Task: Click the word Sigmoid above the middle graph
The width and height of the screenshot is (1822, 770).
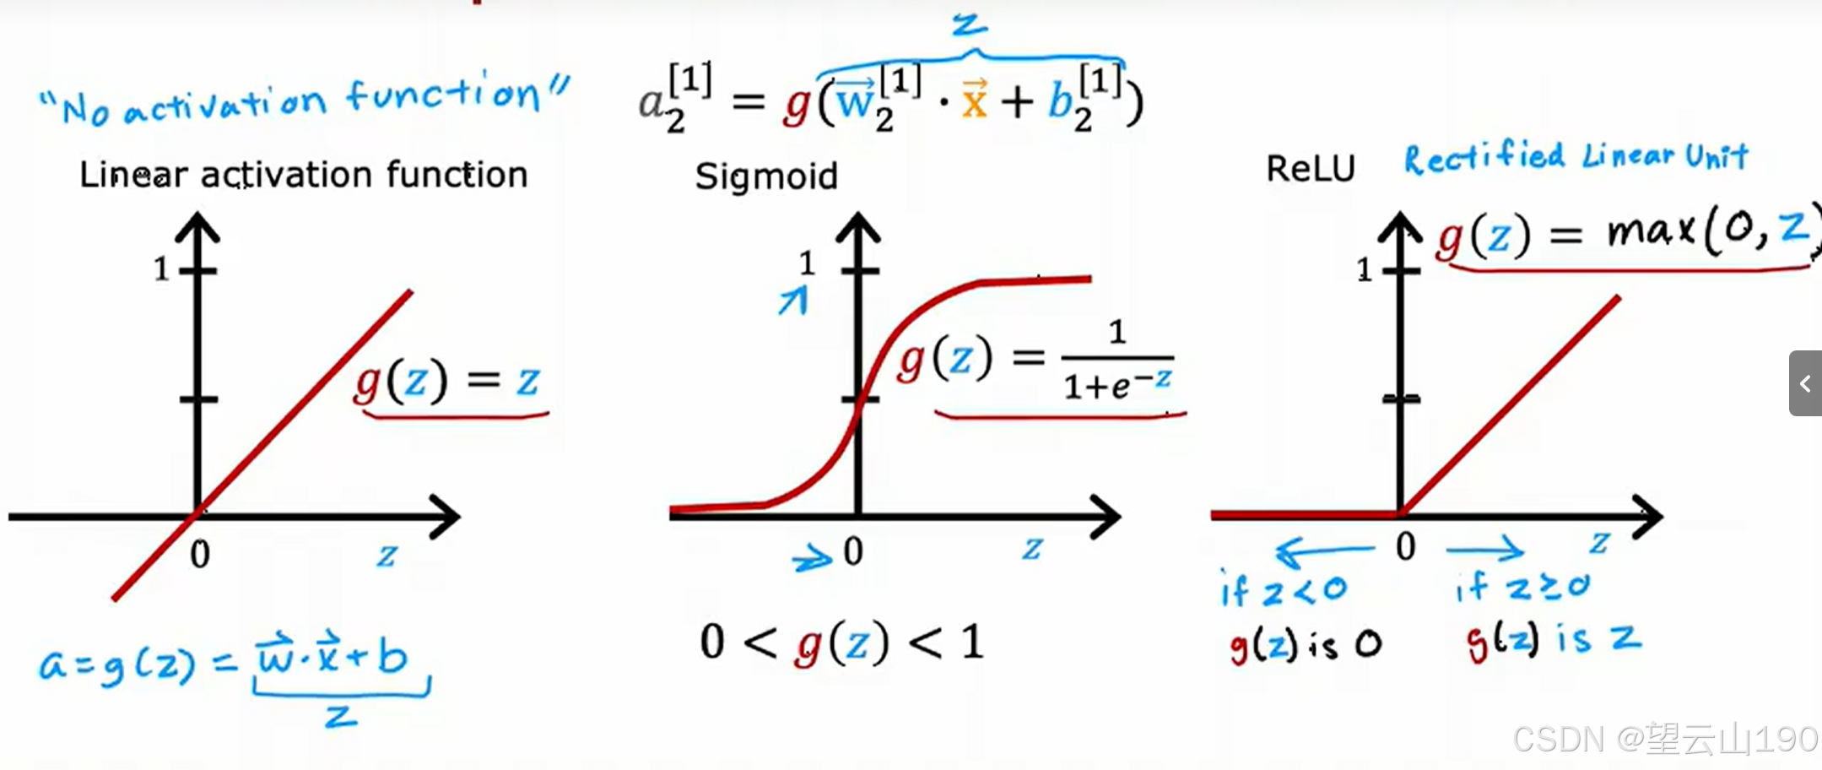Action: tap(766, 176)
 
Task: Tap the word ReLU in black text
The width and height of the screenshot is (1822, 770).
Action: tap(1310, 169)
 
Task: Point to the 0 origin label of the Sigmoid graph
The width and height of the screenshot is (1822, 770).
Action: tap(853, 551)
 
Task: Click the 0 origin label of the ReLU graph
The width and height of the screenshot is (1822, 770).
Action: tap(1405, 547)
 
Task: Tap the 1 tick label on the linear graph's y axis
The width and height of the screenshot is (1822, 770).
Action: tap(161, 269)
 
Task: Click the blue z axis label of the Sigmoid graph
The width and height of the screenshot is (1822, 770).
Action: tap(1032, 549)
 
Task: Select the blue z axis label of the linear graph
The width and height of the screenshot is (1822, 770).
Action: tap(387, 556)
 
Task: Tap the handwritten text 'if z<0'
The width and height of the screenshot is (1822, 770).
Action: tap(1283, 589)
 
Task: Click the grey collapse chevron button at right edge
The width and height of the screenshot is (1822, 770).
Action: tap(1805, 383)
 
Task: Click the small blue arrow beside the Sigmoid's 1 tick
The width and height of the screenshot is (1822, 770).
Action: tap(793, 301)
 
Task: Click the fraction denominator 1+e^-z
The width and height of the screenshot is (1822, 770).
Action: tap(1117, 385)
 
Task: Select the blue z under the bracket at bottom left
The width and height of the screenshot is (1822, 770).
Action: tap(341, 718)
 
